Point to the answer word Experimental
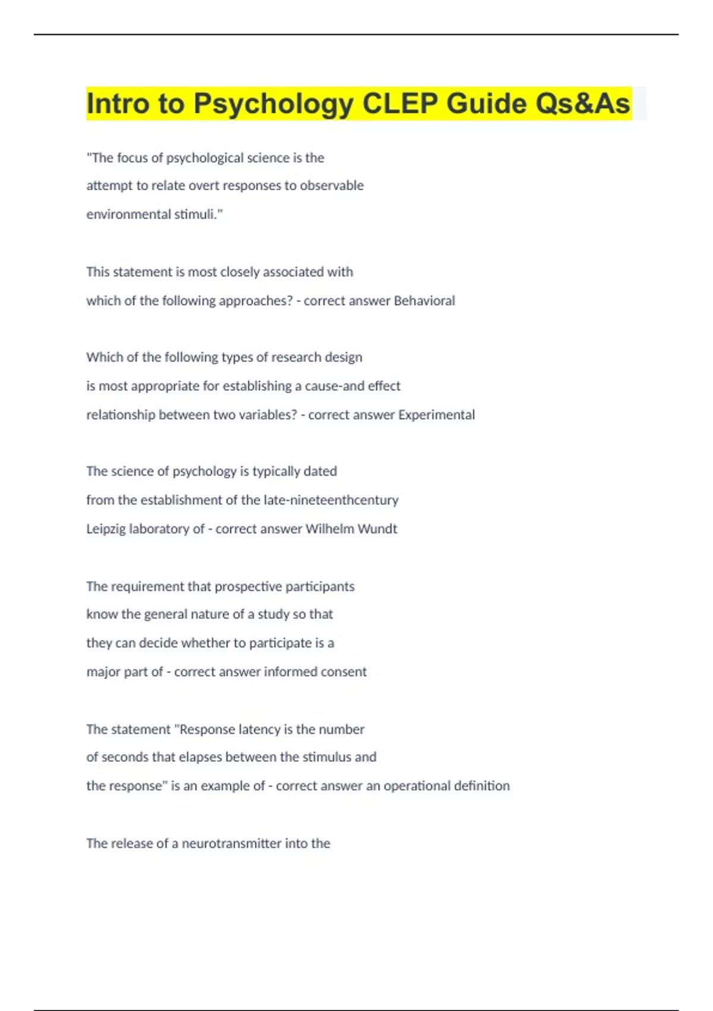coord(437,415)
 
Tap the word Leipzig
coord(105,529)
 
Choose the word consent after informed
coord(343,672)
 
